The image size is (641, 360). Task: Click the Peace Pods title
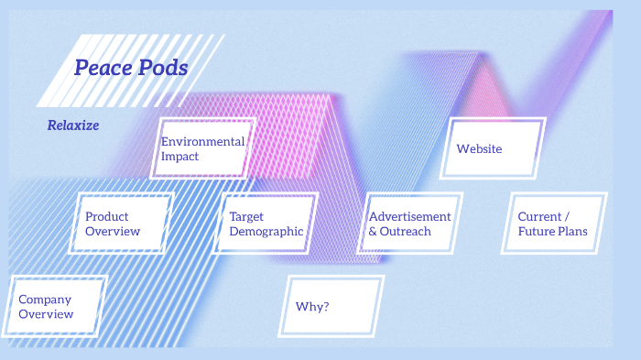pyautogui.click(x=131, y=68)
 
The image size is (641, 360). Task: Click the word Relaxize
pyautogui.click(x=73, y=125)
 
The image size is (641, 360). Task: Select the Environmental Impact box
pyautogui.click(x=203, y=148)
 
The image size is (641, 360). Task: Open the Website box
pyautogui.click(x=493, y=148)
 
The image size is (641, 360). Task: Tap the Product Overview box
pyautogui.click(x=125, y=224)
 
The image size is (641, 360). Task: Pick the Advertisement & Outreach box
pyautogui.click(x=410, y=224)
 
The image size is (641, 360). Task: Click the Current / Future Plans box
pyautogui.click(x=554, y=224)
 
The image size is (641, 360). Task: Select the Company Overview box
pyautogui.click(x=58, y=306)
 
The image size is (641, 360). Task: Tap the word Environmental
pyautogui.click(x=202, y=141)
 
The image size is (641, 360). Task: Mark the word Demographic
pyautogui.click(x=266, y=232)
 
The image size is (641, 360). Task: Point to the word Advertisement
pyautogui.click(x=409, y=216)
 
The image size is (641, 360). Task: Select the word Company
pyautogui.click(x=45, y=299)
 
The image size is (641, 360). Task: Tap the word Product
pyautogui.click(x=106, y=216)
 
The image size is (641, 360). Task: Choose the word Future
pyautogui.click(x=535, y=232)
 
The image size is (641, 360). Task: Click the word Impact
pyautogui.click(x=179, y=157)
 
